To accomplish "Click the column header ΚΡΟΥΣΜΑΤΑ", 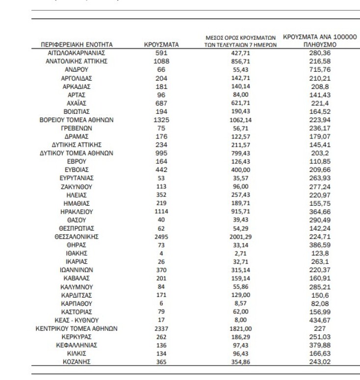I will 162,45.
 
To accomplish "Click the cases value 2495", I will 162,236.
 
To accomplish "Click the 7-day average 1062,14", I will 240,120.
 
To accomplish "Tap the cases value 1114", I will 162,211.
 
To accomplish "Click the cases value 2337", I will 162,328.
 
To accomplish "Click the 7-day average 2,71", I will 240,253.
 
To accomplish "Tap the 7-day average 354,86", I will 240,362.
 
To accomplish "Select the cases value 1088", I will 162,61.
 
